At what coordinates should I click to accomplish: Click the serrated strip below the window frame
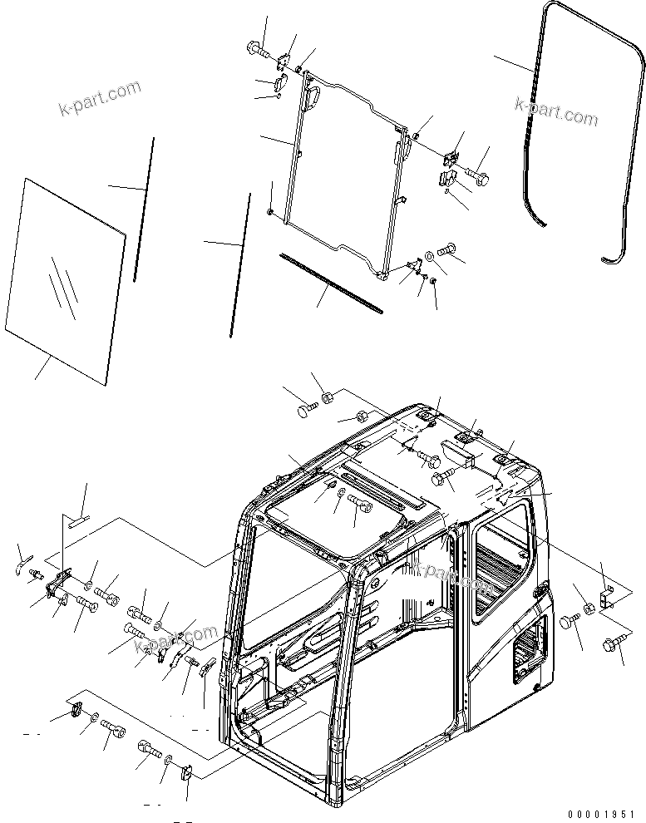pyautogui.click(x=331, y=283)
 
